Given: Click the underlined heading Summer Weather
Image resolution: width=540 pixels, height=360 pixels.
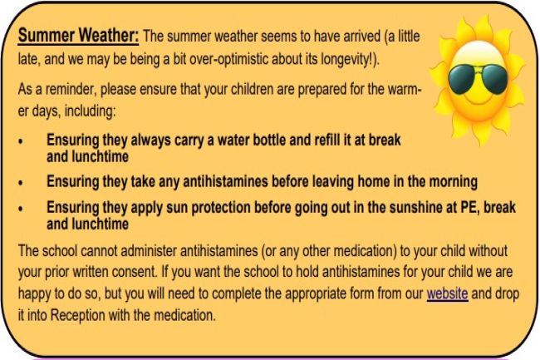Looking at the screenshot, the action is pos(78,36).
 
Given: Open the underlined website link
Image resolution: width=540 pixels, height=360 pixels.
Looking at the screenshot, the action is pos(447,293).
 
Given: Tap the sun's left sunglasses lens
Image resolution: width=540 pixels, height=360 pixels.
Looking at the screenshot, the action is pos(462,79).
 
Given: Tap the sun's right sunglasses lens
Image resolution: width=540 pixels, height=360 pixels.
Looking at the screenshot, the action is pos(494,80).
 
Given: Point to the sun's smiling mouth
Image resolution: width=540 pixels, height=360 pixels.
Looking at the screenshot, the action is pos(479,99).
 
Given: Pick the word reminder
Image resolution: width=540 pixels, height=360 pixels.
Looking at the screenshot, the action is pos(71,89).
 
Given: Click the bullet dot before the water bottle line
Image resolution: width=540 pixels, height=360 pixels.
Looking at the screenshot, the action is pos(21,141).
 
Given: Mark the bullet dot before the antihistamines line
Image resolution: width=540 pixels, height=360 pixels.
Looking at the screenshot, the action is pos(21,183).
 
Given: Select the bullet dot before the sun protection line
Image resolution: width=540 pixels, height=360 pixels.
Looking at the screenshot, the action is pos(21,209).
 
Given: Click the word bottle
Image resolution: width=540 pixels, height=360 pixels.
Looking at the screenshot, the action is pos(270,140).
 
